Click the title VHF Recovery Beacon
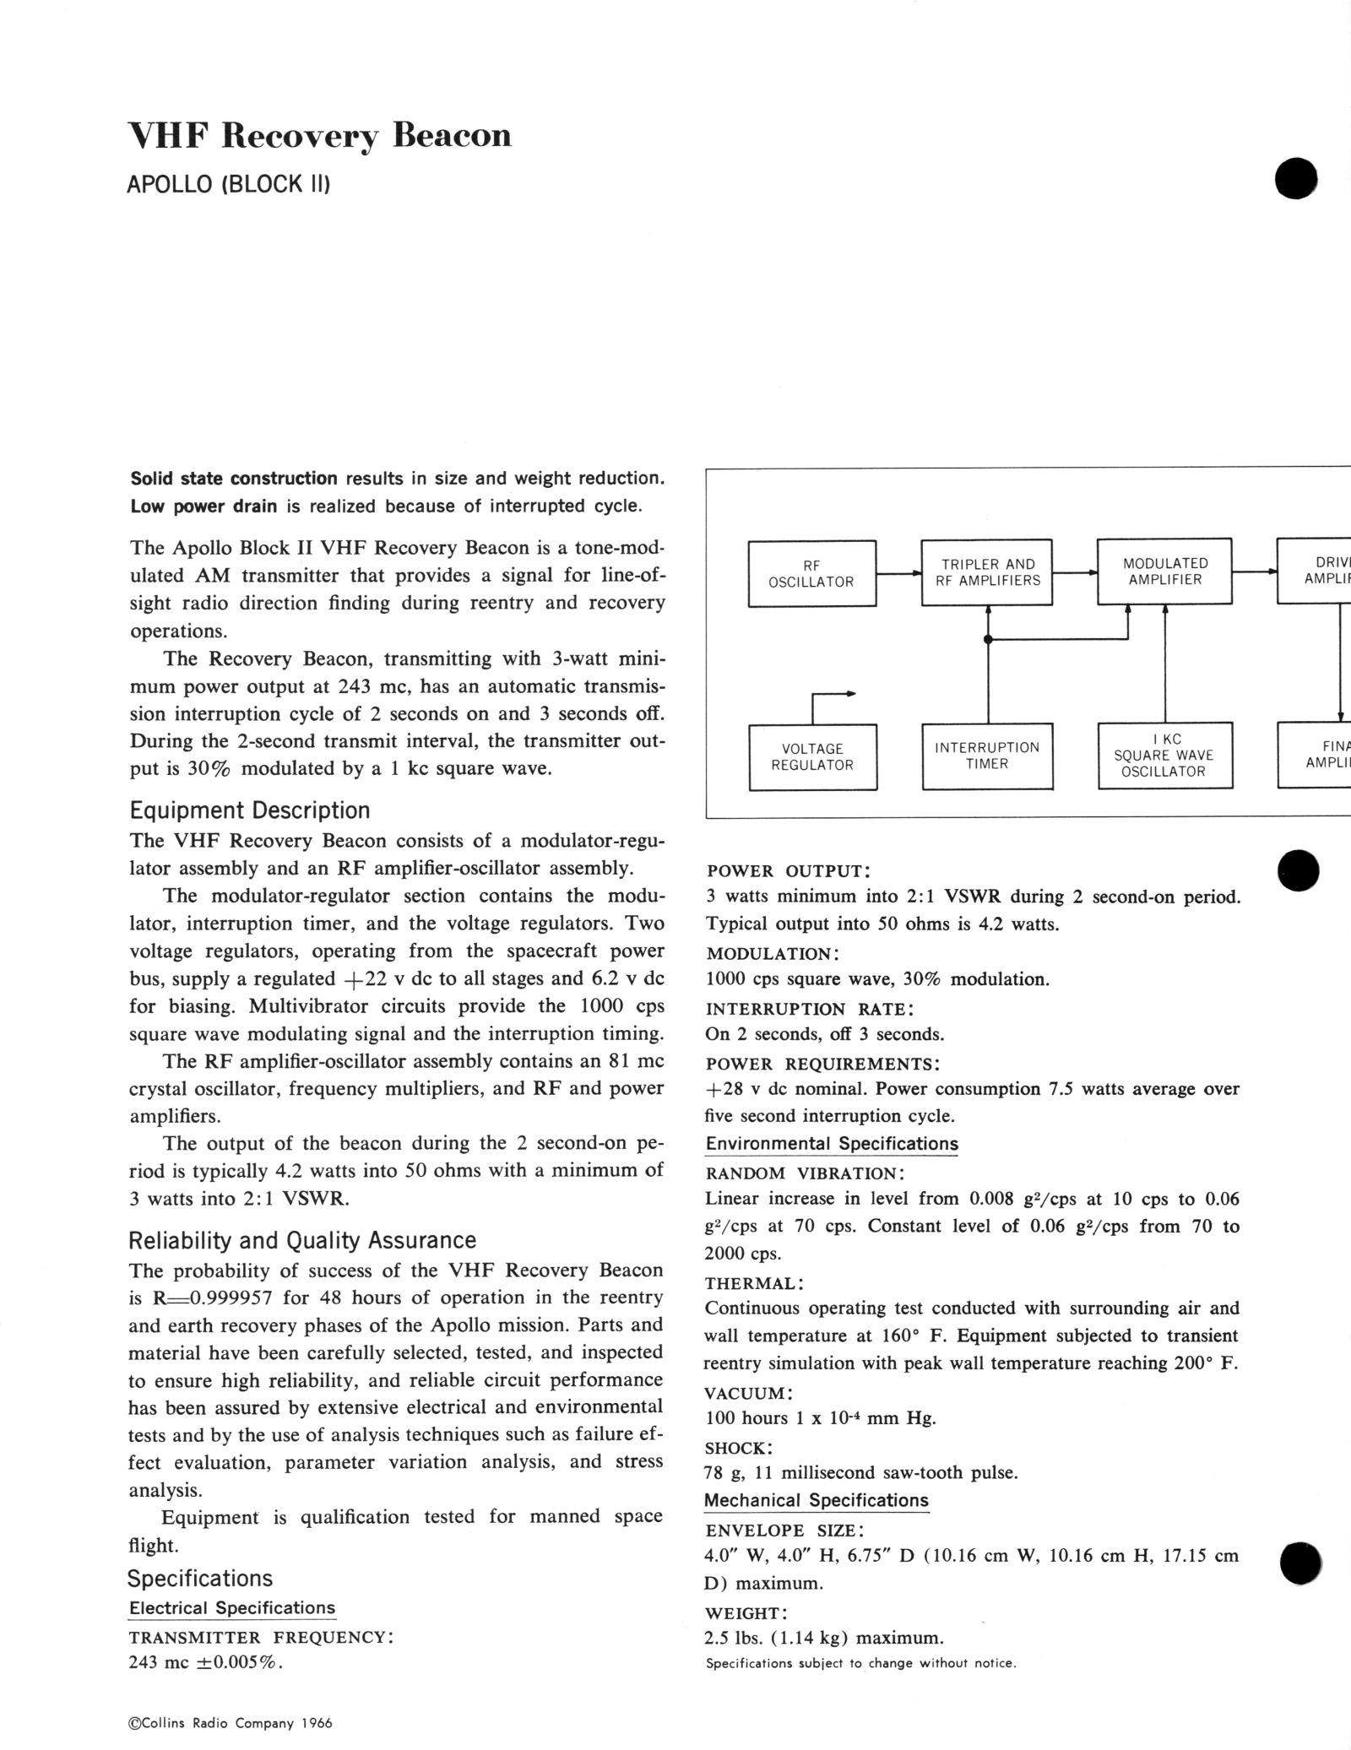(319, 136)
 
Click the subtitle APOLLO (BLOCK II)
(228, 184)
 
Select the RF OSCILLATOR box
(811, 573)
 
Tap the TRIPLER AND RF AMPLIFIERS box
(987, 572)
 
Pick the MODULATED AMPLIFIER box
(1164, 572)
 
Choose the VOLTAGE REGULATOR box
(812, 756)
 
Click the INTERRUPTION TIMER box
(987, 756)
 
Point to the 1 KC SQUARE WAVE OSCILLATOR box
(1164, 756)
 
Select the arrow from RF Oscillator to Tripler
(898, 574)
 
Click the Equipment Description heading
(250, 810)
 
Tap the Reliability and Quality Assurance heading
(302, 1240)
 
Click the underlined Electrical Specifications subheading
(232, 1608)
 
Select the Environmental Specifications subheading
(832, 1144)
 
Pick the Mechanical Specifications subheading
(817, 1500)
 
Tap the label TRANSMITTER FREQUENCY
(261, 1638)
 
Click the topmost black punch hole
(1297, 179)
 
